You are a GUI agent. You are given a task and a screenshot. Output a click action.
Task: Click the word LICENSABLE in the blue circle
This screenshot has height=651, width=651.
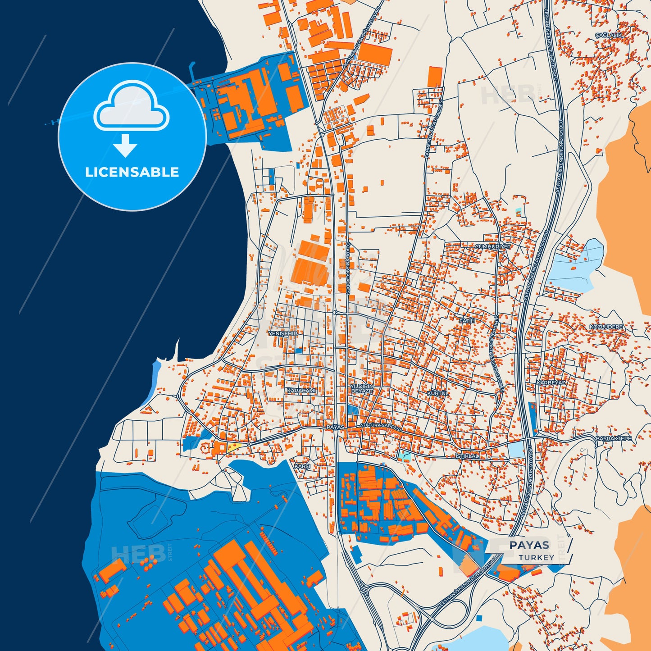132,172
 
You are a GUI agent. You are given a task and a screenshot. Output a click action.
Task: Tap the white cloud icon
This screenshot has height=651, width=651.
131,107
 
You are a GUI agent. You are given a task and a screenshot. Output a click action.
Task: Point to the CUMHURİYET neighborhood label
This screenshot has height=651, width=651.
493,247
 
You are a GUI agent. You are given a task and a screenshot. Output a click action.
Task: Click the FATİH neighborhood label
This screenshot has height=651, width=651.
467,321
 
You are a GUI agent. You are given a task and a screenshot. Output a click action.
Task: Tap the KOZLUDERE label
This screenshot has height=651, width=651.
606,327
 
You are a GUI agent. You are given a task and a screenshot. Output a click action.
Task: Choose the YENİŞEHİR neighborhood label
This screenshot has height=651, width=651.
283,333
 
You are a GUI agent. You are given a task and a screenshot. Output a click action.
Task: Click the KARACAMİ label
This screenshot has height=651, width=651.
301,391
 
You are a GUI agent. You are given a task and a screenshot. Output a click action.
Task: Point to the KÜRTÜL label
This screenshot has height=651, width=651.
438,393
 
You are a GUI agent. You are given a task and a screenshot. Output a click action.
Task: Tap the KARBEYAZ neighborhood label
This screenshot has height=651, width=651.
551,382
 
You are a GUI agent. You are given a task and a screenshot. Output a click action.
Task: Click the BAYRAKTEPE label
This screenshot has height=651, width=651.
614,438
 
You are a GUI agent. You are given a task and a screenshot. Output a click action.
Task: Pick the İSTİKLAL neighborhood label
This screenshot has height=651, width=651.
468,456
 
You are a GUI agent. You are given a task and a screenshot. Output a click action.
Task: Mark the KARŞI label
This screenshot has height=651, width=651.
302,466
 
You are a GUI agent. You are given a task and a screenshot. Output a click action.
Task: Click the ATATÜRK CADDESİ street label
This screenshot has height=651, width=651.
380,425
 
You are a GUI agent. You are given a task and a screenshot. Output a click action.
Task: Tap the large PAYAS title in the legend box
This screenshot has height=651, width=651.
529,545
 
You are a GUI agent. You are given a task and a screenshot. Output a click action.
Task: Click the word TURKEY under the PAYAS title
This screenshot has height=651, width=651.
536,557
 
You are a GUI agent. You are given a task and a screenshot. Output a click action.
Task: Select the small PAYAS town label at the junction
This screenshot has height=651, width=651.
335,427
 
